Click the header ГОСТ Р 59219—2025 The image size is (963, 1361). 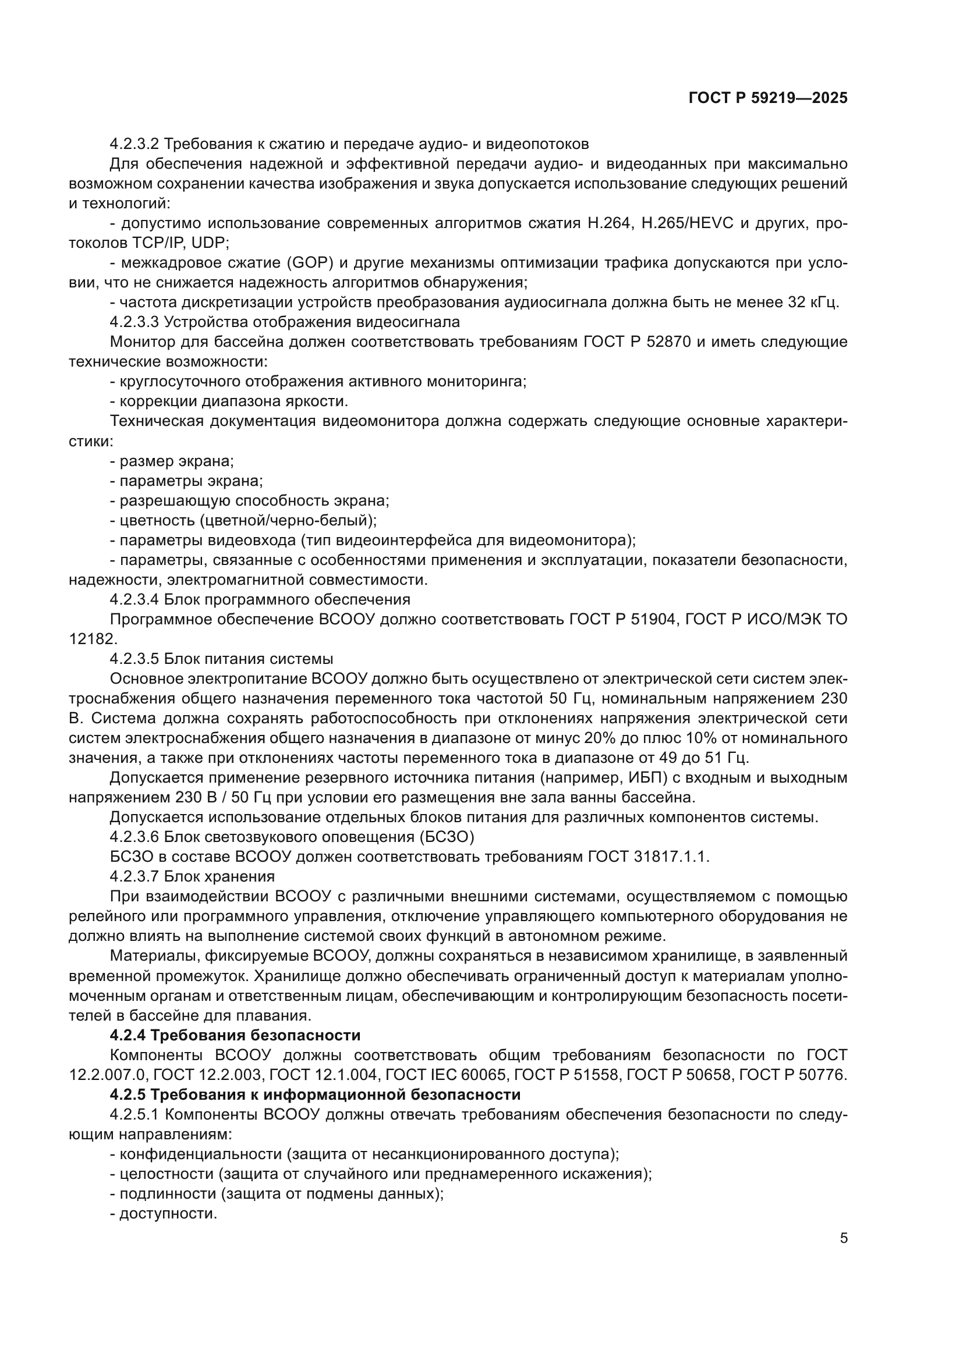coord(768,98)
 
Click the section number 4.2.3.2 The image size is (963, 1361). coord(134,144)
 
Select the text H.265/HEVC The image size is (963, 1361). coord(688,223)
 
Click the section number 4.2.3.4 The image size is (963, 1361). coord(134,599)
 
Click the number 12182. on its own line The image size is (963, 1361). coord(93,639)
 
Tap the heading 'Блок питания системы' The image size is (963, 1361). coord(249,659)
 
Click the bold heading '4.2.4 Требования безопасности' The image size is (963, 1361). coord(235,1035)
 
